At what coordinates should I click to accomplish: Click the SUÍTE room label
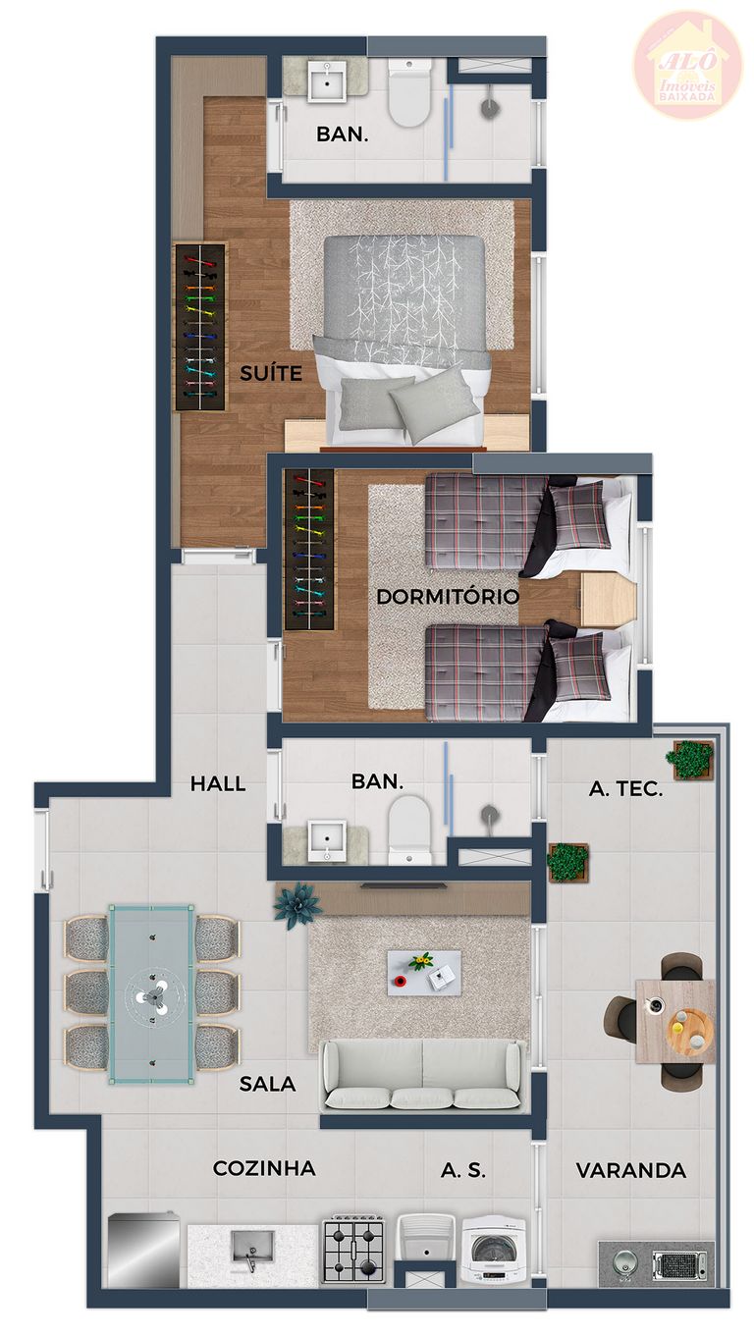click(271, 373)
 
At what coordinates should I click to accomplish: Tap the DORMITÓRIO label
click(448, 596)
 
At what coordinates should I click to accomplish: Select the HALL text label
click(218, 783)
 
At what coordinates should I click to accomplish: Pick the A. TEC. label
click(625, 789)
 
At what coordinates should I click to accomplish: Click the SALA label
click(267, 1083)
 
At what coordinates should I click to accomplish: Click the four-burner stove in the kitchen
click(353, 1249)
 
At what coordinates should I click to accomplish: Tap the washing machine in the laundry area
click(494, 1251)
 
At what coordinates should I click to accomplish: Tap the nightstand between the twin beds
click(609, 599)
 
